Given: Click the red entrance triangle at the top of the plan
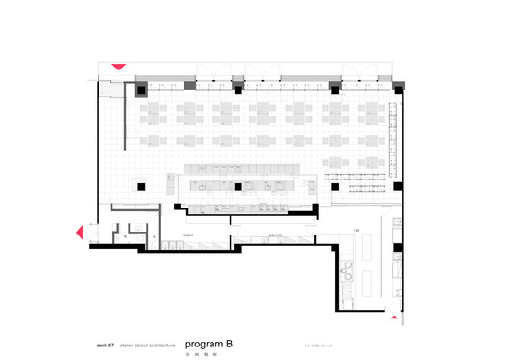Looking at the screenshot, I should point(118,67).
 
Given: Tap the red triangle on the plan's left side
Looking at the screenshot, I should point(81,232).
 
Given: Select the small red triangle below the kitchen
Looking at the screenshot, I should point(394,314).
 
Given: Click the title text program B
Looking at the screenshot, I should point(209,342).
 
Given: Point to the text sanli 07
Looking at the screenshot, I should point(101,344).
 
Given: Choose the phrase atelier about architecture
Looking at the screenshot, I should point(148,344).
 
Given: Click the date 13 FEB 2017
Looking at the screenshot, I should point(317,344).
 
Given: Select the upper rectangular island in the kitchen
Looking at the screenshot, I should point(368,249).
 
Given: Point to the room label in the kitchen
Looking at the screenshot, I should point(356,231).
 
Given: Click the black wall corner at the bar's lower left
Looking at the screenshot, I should point(179,205).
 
